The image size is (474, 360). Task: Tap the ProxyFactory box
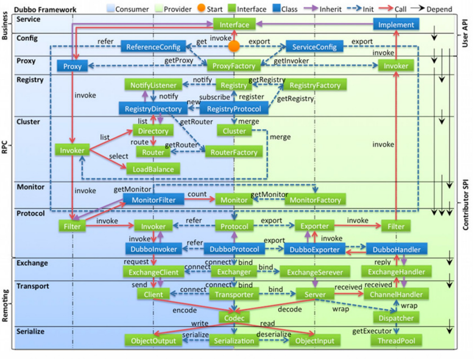click(x=234, y=65)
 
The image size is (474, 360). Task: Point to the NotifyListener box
click(x=153, y=85)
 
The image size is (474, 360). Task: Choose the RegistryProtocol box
click(x=234, y=108)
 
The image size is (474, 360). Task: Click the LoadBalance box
click(x=153, y=169)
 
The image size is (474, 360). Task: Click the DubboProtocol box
click(x=234, y=249)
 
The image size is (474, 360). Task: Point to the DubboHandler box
click(x=396, y=249)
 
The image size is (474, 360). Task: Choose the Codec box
click(x=234, y=317)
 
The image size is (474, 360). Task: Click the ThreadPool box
click(x=396, y=341)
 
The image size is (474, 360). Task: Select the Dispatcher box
click(x=396, y=317)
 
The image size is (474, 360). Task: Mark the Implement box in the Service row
click(x=396, y=24)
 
